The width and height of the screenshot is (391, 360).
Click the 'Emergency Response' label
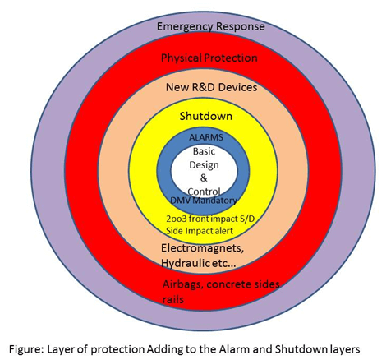(211, 27)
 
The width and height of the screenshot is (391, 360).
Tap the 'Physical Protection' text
(209, 58)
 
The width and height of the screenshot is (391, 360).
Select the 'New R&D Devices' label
(212, 87)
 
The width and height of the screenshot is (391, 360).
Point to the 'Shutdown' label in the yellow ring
(206, 116)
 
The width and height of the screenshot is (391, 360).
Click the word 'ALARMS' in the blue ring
(206, 137)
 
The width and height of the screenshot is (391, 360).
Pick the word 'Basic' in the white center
(204, 151)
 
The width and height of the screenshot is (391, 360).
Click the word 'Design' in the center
(204, 165)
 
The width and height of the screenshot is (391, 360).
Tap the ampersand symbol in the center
(204, 178)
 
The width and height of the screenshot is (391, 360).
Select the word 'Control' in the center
(204, 192)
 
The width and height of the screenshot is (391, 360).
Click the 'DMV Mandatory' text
(204, 201)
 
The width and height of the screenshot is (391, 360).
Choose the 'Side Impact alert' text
(200, 231)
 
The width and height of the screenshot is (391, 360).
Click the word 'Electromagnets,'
(202, 248)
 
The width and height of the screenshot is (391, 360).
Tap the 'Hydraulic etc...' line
(199, 263)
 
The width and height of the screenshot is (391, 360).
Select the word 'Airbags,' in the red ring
(183, 285)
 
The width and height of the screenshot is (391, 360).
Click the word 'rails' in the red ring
(173, 299)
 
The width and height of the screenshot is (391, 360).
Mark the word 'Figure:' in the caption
(26, 349)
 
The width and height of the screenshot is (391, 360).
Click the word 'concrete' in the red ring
(228, 284)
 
